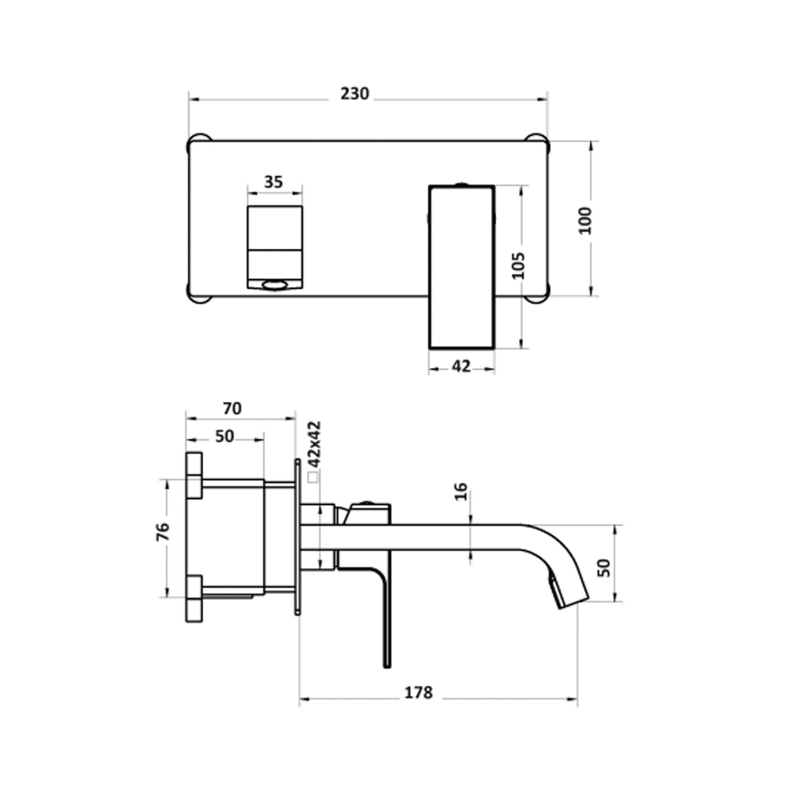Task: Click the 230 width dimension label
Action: [355, 94]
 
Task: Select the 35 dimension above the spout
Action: [273, 182]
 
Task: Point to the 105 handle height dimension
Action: [518, 266]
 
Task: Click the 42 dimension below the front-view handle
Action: [461, 366]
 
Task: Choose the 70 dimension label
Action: [232, 408]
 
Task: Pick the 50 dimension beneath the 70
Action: [224, 437]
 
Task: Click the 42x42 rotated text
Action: [314, 444]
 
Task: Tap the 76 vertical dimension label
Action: [163, 532]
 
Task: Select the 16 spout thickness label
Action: [461, 492]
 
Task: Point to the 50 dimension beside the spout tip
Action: [604, 568]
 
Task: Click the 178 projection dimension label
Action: [418, 693]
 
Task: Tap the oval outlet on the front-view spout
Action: [275, 285]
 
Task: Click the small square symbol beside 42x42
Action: [313, 477]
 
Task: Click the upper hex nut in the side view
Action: [194, 475]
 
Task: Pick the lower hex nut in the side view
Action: [194, 599]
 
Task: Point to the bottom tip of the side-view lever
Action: [387, 665]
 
